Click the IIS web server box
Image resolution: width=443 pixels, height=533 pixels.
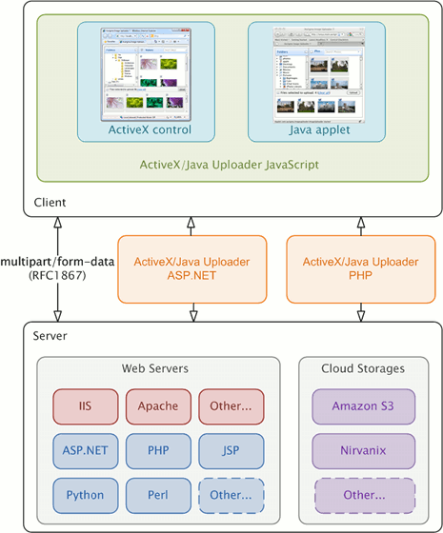click(x=85, y=405)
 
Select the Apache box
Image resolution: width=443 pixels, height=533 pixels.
click(x=158, y=405)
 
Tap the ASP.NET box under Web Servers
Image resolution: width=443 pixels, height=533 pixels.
click(x=85, y=450)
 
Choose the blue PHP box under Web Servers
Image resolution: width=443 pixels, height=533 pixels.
click(x=158, y=450)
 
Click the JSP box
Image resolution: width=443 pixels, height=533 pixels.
click(x=232, y=450)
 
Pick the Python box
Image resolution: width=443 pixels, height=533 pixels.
click(x=85, y=495)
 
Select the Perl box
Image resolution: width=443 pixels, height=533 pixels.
click(x=158, y=495)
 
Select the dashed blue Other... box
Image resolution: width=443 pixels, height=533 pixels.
click(x=232, y=495)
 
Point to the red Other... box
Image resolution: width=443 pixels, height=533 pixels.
click(x=232, y=405)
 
